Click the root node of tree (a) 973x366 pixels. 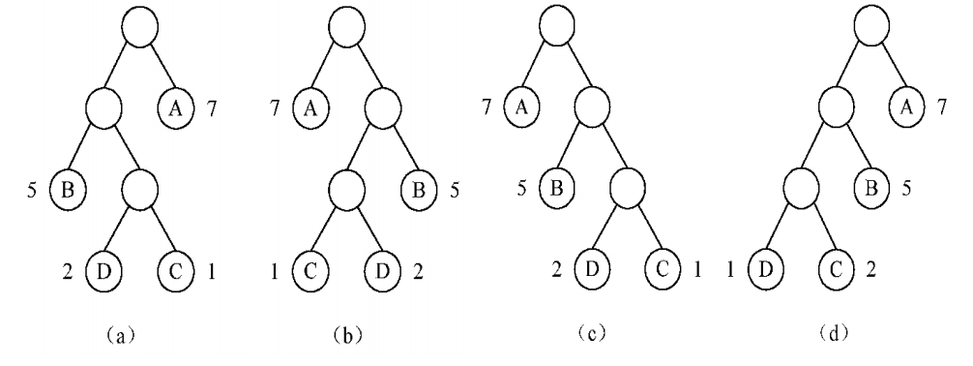coord(139,27)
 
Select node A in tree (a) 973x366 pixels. coord(176,108)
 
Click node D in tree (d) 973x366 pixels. coord(765,270)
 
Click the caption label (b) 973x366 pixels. coord(347,336)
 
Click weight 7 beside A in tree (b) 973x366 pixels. coord(276,108)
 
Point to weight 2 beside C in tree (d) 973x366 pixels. coord(871,270)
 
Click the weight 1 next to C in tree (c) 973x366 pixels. coord(697,270)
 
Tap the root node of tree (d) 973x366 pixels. coord(871,25)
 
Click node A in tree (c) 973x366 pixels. coord(521,107)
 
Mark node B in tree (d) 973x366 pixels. coord(871,188)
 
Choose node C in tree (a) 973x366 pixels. coord(176,271)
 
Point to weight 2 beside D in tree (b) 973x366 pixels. coord(418,271)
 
